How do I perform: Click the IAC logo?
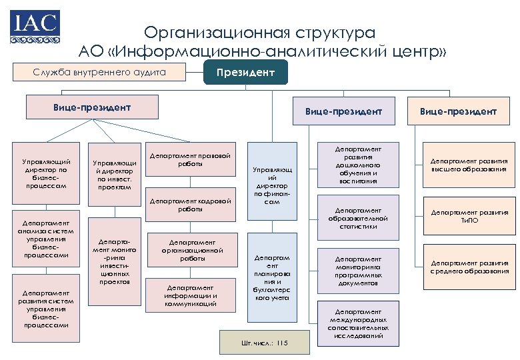[34, 27]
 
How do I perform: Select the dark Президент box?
[245, 72]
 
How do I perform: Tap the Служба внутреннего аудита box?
[99, 72]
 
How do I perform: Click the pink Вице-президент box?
[92, 107]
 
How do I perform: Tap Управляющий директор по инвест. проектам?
[114, 175]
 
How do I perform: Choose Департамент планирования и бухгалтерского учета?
[272, 277]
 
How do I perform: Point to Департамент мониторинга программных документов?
[358, 271]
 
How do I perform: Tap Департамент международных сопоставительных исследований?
[358, 323]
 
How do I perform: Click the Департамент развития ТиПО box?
[469, 217]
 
